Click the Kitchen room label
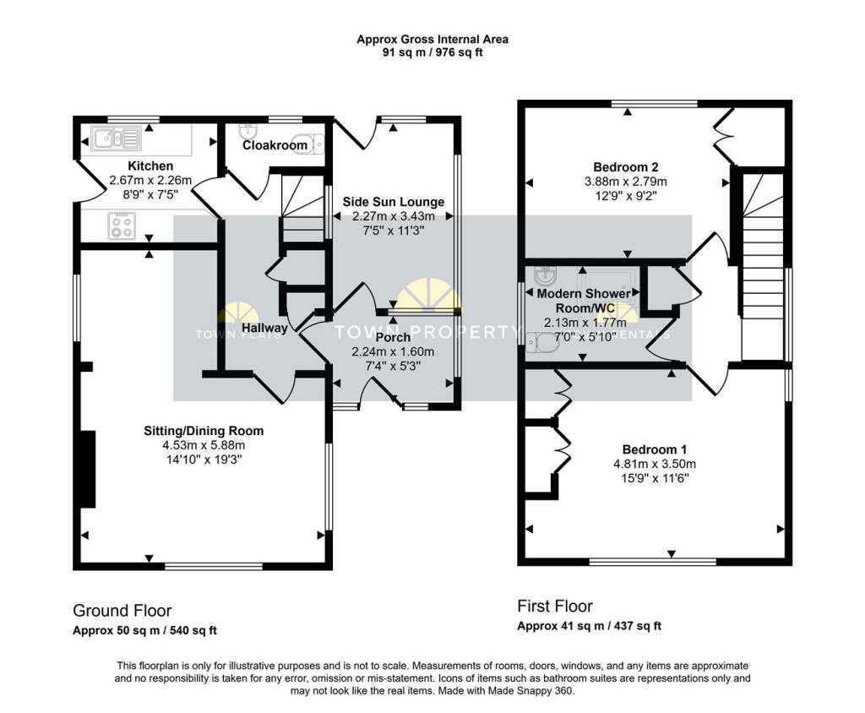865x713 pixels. [150, 166]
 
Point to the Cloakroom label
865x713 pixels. [275, 145]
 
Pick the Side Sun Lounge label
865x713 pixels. [393, 202]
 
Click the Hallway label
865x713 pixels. [264, 327]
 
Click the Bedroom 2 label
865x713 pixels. [625, 166]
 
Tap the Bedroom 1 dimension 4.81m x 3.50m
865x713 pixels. [655, 464]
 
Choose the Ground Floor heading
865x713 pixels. [122, 611]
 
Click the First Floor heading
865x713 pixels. [554, 607]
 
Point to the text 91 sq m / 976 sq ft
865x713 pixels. [432, 52]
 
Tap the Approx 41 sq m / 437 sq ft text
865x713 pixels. [589, 626]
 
